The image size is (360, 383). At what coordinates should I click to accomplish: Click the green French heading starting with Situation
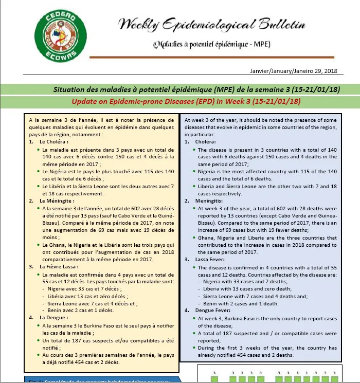(196, 89)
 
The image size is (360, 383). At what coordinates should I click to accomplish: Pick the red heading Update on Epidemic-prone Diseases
(186, 101)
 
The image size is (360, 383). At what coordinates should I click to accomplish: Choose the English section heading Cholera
(206, 141)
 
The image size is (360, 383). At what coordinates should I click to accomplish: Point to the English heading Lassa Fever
(212, 260)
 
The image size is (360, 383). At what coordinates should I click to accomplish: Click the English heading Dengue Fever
(214, 311)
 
